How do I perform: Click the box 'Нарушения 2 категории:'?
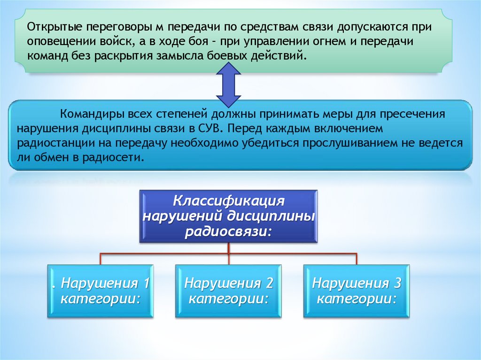[x=228, y=291]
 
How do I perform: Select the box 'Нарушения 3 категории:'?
[x=357, y=291]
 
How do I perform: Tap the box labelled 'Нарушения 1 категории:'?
[x=100, y=291]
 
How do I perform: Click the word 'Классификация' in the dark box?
[x=229, y=201]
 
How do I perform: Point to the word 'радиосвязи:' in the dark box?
[x=228, y=231]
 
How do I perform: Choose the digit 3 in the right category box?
[x=397, y=283]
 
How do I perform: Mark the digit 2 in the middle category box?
[x=269, y=283]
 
